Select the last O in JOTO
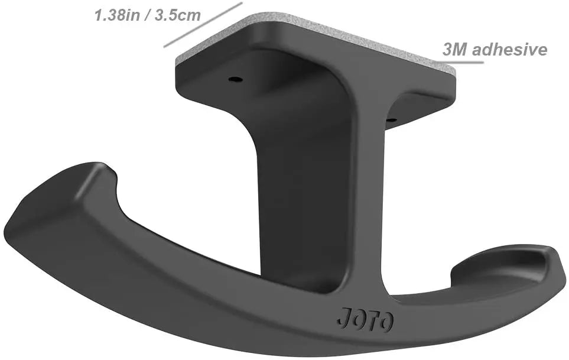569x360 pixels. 386,322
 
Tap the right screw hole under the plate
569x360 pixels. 391,121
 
